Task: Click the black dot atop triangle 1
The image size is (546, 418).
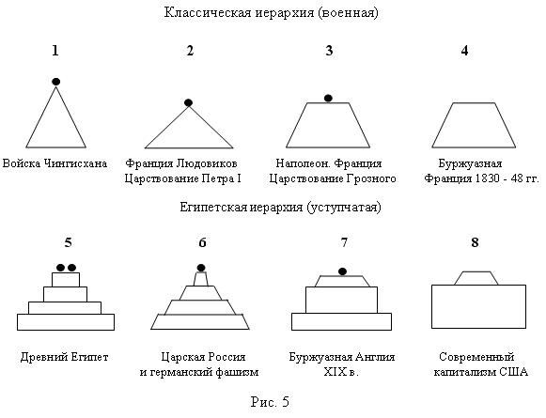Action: (x=55, y=82)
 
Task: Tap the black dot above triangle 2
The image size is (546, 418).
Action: (x=188, y=102)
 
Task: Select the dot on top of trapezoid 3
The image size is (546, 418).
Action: (x=328, y=98)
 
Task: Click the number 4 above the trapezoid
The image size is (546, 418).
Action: (x=464, y=51)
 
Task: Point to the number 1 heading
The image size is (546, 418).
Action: (x=55, y=51)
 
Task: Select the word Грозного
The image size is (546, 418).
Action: (x=371, y=178)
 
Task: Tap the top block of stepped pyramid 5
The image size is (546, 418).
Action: (x=66, y=280)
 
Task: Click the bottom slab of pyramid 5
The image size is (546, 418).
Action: (x=66, y=322)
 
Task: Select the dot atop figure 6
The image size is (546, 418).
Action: (x=201, y=268)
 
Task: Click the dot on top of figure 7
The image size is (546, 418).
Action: (x=343, y=271)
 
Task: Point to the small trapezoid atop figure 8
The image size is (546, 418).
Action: (x=476, y=278)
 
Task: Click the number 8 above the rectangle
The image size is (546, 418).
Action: (x=475, y=242)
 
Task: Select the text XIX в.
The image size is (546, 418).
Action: (x=341, y=372)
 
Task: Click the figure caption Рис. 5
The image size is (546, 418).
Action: (x=270, y=402)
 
